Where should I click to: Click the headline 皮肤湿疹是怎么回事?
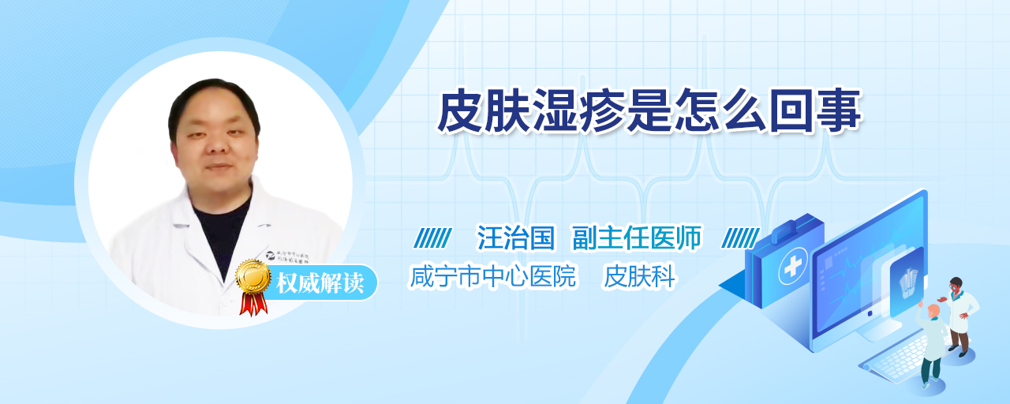point(649,110)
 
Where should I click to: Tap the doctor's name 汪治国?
point(516,238)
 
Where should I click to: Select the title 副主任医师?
point(637,238)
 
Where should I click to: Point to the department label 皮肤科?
point(639,276)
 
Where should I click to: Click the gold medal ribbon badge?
point(253,286)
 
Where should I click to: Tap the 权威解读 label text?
point(320,283)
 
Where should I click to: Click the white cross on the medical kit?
point(792,267)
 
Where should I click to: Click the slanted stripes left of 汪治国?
point(432,238)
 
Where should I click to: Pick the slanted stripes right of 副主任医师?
point(740,238)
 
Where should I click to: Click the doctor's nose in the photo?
point(217,144)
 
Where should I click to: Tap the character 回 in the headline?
point(791,110)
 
